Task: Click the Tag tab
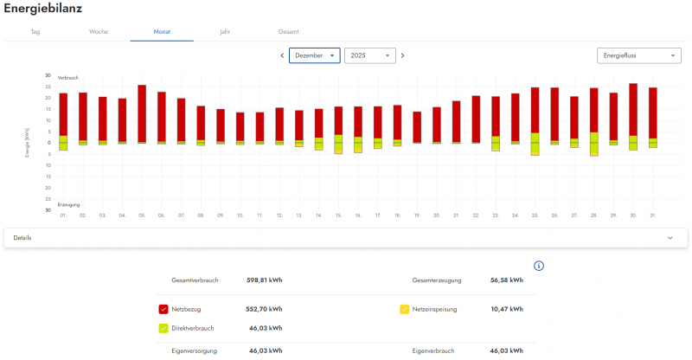click(35, 31)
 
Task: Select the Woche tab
click(98, 31)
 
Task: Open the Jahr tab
click(225, 31)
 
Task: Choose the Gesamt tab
click(288, 31)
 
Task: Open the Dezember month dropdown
click(315, 55)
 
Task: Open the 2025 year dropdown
click(369, 55)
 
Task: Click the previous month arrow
click(282, 55)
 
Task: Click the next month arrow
click(402, 55)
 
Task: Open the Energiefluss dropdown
click(638, 55)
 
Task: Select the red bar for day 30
click(633, 109)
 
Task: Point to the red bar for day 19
click(417, 126)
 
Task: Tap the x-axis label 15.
click(338, 215)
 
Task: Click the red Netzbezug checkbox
click(163, 309)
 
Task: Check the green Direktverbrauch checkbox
click(163, 328)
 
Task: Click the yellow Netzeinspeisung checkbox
click(404, 309)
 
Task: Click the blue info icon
click(538, 265)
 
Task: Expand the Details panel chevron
click(670, 237)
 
